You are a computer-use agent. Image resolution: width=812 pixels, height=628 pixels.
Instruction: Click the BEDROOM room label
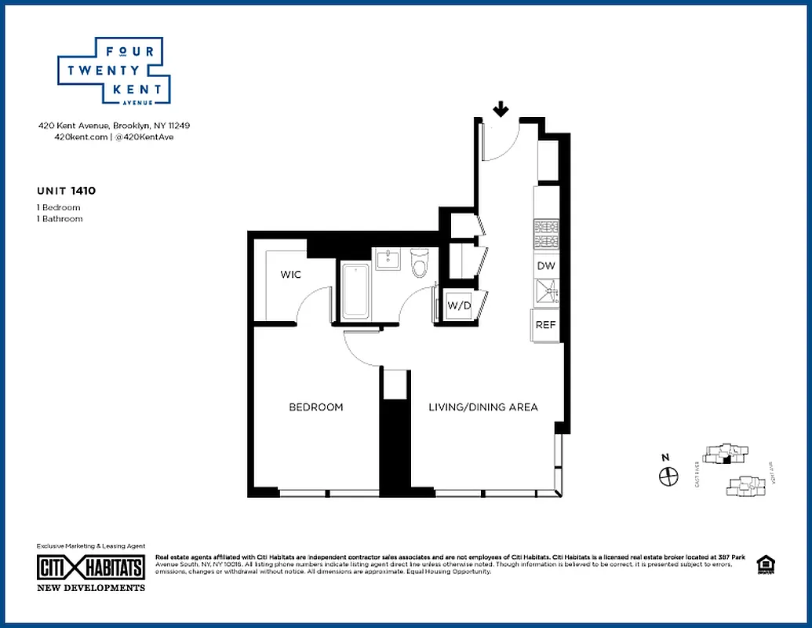click(x=316, y=407)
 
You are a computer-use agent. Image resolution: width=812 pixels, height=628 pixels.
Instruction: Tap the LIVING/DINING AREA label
click(x=482, y=407)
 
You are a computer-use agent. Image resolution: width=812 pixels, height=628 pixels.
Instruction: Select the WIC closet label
click(x=291, y=275)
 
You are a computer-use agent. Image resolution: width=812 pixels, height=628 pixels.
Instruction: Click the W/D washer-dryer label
click(x=459, y=305)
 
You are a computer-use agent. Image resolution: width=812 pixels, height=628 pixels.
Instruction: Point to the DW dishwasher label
click(x=546, y=266)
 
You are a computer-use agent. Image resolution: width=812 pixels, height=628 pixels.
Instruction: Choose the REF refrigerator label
click(x=546, y=325)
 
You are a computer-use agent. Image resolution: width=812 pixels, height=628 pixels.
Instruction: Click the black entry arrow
click(x=500, y=109)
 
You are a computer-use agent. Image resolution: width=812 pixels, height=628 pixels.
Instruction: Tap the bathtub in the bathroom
click(x=356, y=290)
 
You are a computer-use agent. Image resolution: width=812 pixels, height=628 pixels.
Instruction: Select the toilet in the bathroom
click(x=419, y=265)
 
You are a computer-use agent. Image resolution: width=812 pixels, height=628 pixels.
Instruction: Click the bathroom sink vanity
click(x=388, y=259)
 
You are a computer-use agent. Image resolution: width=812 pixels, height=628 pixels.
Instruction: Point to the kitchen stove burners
click(x=546, y=233)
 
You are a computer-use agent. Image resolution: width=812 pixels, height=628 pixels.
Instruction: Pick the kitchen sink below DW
click(x=546, y=293)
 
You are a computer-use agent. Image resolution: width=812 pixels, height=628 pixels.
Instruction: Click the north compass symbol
click(x=668, y=475)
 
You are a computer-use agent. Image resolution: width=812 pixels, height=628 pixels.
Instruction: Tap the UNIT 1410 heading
click(x=66, y=190)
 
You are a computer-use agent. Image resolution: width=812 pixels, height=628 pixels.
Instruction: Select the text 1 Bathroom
click(x=60, y=219)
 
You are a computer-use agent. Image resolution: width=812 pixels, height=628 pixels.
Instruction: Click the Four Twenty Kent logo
click(x=114, y=71)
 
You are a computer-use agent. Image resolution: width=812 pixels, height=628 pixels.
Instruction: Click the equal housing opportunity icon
click(x=763, y=565)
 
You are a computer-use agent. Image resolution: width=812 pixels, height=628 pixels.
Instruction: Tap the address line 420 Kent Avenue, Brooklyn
click(x=114, y=126)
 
